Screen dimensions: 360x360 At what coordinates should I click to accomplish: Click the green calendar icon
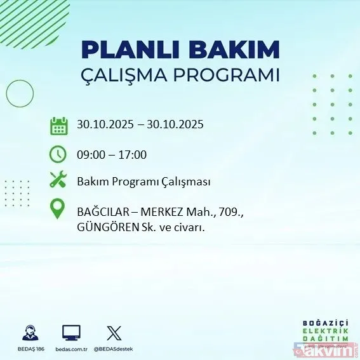click(x=58, y=125)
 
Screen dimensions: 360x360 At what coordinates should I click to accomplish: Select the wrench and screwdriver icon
click(x=58, y=181)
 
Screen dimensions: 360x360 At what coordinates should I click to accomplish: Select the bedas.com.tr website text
click(x=71, y=349)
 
